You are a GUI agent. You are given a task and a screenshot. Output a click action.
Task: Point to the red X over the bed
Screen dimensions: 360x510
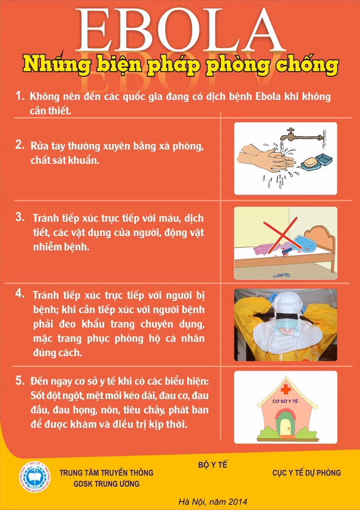point(280,235)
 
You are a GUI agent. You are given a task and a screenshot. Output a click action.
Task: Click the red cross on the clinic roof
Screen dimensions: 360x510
point(286,389)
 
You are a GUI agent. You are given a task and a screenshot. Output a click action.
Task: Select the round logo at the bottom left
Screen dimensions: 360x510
point(35,477)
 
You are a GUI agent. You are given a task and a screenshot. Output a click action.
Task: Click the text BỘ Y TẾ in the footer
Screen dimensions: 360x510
point(213,465)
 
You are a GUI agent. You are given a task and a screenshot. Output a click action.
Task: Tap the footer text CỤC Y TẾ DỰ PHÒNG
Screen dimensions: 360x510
point(307,473)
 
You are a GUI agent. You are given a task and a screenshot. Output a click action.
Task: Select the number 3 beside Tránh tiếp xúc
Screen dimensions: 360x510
point(20,218)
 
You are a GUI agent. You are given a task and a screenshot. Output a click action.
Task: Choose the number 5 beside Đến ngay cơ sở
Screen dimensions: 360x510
point(20,380)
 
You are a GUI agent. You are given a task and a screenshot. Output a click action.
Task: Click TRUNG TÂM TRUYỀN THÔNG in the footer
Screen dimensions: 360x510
point(107,473)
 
